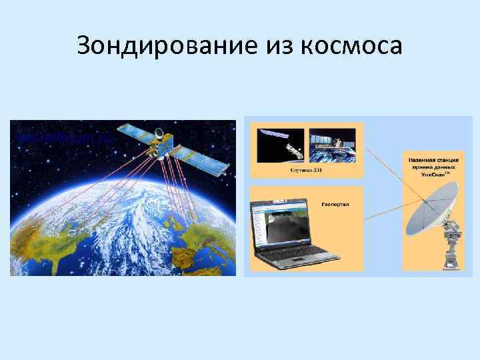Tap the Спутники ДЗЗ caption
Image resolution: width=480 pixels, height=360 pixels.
pyautogui.click(x=307, y=170)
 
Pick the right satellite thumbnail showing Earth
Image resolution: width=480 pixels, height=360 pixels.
pyautogui.click(x=333, y=145)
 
